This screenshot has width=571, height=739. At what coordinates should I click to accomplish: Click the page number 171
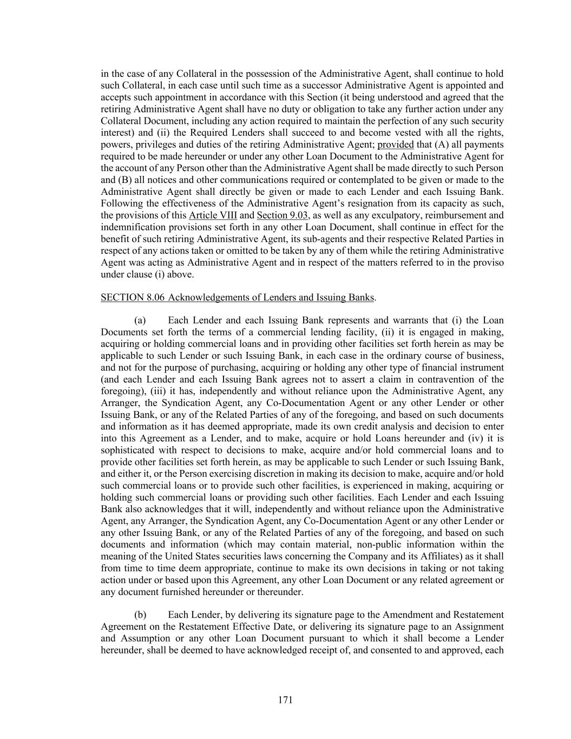pyautogui.click(x=285, y=700)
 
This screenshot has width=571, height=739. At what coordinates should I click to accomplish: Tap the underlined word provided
pyautogui.click(x=395, y=145)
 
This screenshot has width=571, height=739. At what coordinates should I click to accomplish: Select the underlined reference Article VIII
pyautogui.click(x=213, y=215)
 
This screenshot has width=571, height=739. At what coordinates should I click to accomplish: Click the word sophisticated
pyautogui.click(x=128, y=450)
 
